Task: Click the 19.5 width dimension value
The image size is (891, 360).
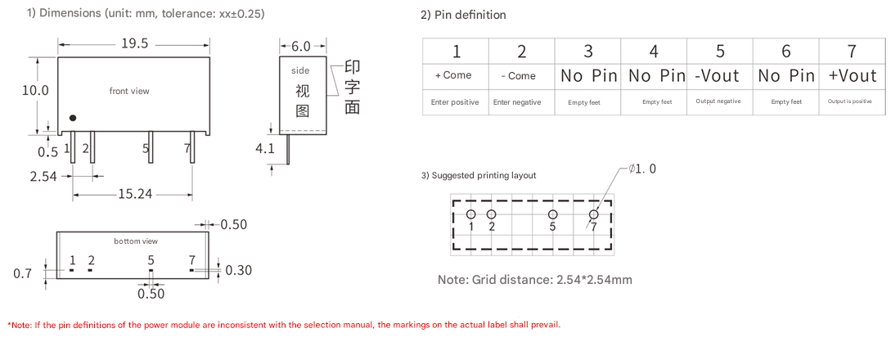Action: [134, 44]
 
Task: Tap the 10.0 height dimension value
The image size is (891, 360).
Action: [35, 91]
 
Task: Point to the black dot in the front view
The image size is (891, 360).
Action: [73, 118]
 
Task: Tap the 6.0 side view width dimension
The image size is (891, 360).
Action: [301, 47]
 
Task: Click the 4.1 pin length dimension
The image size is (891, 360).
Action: [265, 149]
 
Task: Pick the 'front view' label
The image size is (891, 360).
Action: [129, 91]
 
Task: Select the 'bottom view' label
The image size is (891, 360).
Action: [136, 241]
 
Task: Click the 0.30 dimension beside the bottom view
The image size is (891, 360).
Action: [238, 270]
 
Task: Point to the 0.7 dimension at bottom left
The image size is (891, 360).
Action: [22, 274]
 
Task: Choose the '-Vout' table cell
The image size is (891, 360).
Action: [718, 76]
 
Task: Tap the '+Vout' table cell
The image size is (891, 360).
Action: [852, 76]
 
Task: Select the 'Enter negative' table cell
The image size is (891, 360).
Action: [517, 102]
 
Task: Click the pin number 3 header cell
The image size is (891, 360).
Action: [587, 52]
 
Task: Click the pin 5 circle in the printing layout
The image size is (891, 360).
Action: [552, 214]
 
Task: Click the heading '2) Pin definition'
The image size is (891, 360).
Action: [463, 15]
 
